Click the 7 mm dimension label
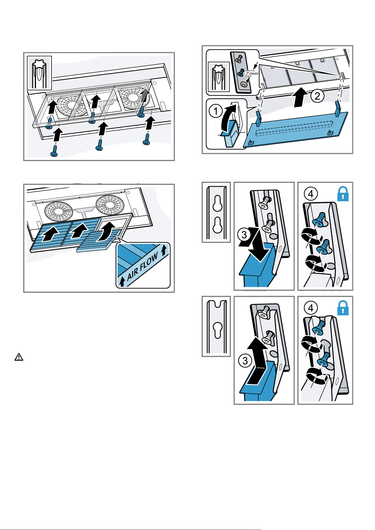click(252, 73)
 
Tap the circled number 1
click(216, 111)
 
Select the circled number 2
click(317, 96)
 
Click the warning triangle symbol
click(19, 357)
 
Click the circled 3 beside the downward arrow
click(244, 235)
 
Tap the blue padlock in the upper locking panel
click(343, 194)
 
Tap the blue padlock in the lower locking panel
click(343, 308)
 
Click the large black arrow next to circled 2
click(301, 97)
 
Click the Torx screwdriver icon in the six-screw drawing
click(39, 73)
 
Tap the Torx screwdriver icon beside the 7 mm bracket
click(219, 77)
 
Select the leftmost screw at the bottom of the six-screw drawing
click(54, 150)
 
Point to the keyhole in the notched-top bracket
click(217, 330)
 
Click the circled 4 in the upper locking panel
click(311, 194)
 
